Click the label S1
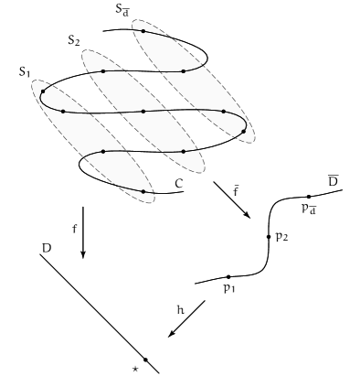26,71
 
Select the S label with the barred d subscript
122,10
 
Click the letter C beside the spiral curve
179,183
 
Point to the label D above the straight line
46,247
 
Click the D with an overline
334,180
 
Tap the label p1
228,289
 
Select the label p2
281,236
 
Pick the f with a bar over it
236,192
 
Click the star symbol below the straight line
135,368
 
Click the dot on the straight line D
144,360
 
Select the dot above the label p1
228,276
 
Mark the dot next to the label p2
268,236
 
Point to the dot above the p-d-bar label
309,197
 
